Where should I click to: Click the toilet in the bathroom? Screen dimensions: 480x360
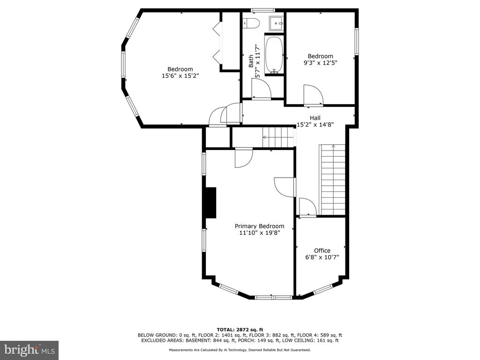(x=251, y=23)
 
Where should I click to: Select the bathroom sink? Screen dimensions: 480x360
(x=277, y=22)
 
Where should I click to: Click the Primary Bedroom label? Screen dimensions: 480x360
(x=259, y=226)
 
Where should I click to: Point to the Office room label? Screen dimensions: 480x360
(x=322, y=250)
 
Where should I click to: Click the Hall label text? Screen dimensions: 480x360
(x=315, y=118)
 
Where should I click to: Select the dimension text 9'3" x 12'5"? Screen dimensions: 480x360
(x=320, y=63)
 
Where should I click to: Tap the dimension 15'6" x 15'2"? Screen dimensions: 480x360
(x=180, y=75)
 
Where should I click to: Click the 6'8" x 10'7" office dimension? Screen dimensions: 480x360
(x=322, y=257)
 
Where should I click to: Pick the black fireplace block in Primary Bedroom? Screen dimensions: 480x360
(x=210, y=202)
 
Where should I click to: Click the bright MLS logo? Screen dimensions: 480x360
(x=29, y=350)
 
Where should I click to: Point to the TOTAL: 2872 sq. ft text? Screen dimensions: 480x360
(x=240, y=330)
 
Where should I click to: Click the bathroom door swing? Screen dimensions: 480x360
(x=261, y=88)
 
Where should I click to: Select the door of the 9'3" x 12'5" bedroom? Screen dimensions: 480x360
(x=313, y=95)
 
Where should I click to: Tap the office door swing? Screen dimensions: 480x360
(x=307, y=208)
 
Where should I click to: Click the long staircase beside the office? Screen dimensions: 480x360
(x=332, y=180)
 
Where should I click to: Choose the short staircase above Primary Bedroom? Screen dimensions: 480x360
(x=278, y=137)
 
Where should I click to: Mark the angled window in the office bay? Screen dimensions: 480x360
(x=323, y=289)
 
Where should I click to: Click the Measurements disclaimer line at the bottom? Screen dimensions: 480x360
(x=240, y=350)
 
